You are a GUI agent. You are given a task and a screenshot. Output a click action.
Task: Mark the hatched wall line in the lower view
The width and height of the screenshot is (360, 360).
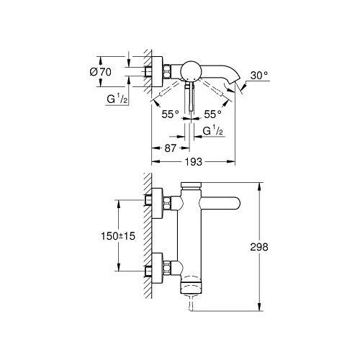pos(149,238)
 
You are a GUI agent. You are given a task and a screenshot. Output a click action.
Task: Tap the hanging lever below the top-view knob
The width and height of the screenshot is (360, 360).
pos(190,97)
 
